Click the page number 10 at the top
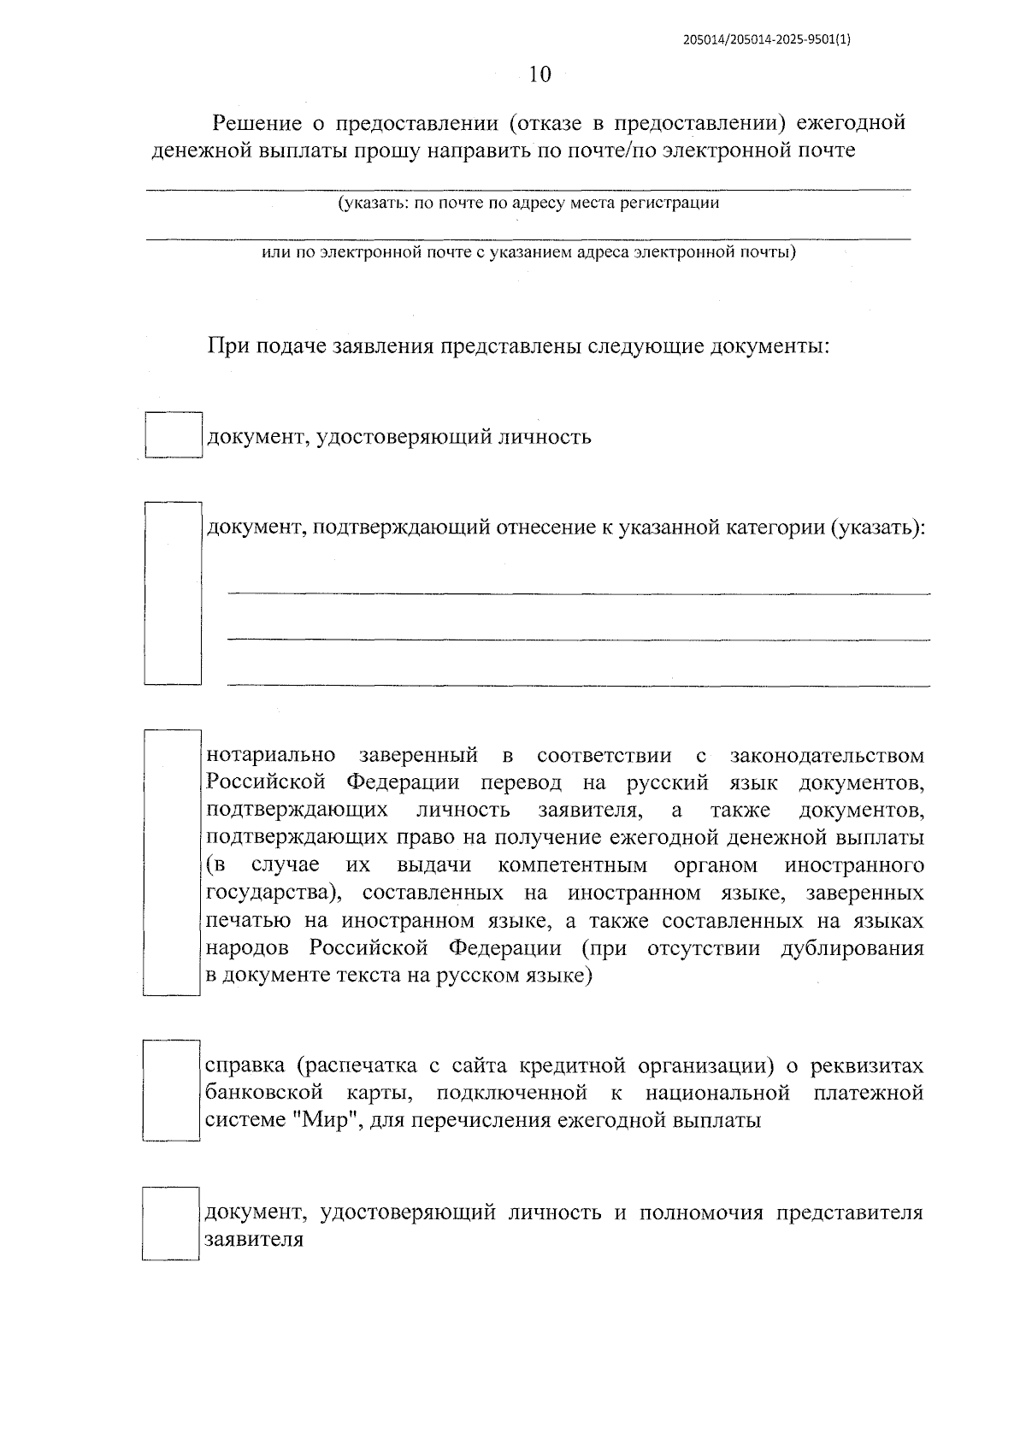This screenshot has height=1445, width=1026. [x=540, y=74]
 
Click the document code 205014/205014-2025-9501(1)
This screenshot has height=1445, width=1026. [x=768, y=39]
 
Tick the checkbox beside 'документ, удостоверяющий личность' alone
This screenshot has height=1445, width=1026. [x=173, y=436]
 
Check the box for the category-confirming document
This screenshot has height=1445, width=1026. [x=172, y=593]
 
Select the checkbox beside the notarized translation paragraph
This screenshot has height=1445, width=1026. [x=171, y=863]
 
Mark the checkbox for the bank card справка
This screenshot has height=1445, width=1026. [x=171, y=1091]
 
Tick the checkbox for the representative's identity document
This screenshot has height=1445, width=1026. [x=170, y=1224]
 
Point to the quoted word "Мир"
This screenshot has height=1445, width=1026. [x=330, y=1120]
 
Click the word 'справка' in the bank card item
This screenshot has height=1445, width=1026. [x=245, y=1066]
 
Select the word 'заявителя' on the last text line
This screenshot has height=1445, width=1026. [x=254, y=1240]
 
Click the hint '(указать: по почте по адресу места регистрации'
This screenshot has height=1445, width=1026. [x=528, y=203]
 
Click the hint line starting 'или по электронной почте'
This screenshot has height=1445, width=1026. [x=528, y=253]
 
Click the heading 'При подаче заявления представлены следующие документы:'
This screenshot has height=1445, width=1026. [x=518, y=346]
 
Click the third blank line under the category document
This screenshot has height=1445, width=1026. [x=578, y=683]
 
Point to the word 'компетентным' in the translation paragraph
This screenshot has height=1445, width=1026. [x=572, y=865]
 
